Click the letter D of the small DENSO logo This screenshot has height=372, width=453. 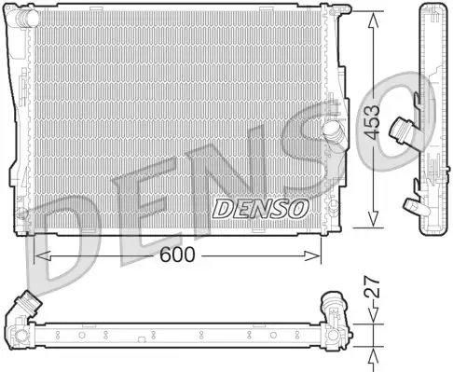(x=224, y=207)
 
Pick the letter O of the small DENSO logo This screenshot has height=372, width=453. (x=295, y=207)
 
